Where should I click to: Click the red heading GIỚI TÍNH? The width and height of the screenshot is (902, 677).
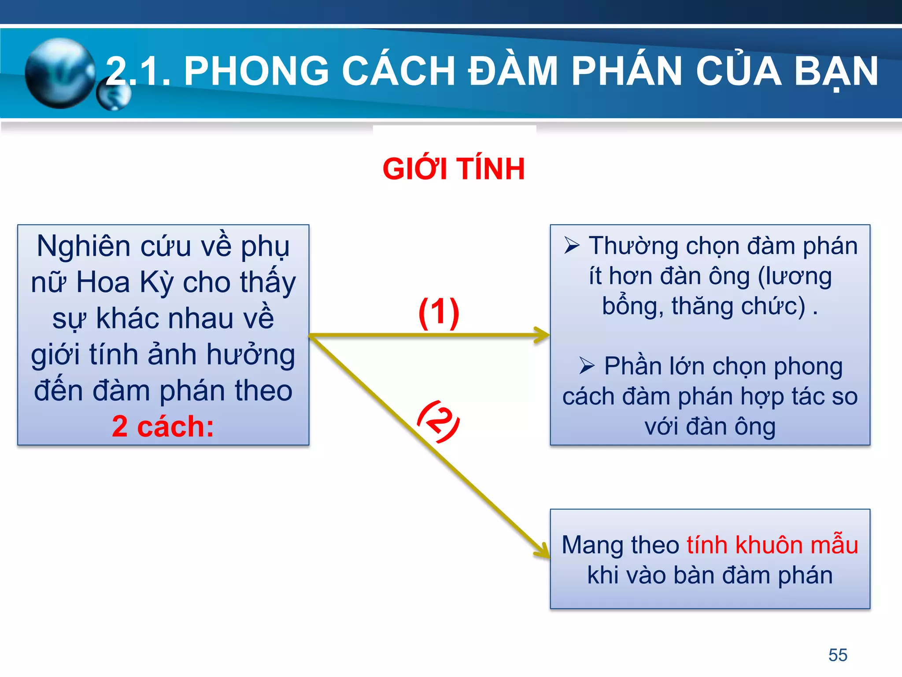point(454,169)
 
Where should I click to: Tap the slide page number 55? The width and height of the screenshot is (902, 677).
point(838,655)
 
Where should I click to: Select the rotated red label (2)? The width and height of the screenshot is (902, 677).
point(438,421)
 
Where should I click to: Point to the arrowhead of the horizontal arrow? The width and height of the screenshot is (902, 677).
point(543,335)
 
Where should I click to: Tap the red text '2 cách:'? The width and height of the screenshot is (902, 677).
point(163,427)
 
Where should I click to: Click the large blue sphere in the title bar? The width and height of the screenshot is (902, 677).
point(60,73)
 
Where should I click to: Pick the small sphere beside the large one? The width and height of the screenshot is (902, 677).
point(114,96)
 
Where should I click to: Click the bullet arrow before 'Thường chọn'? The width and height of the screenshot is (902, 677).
point(572,245)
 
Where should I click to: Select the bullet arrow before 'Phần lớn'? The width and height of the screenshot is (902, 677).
point(587,365)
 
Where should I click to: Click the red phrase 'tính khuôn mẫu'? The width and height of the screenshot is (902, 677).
point(772,545)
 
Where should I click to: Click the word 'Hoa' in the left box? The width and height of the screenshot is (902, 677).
point(103,282)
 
